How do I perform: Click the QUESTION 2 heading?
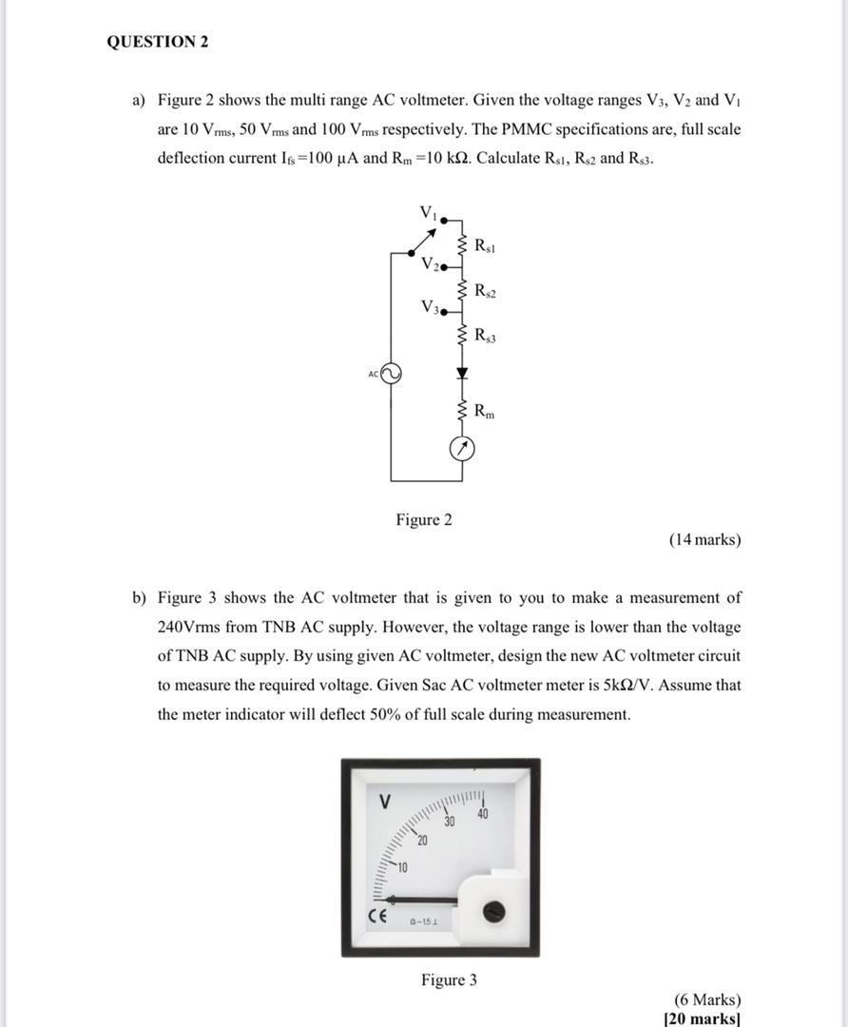pyautogui.click(x=158, y=42)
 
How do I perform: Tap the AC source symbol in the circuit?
pyautogui.click(x=390, y=374)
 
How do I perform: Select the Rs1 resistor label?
pyautogui.click(x=484, y=246)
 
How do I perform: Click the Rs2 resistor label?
pyautogui.click(x=484, y=290)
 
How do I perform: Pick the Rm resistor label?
pyautogui.click(x=484, y=412)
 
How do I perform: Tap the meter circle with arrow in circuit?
pyautogui.click(x=462, y=449)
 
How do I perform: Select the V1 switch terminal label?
pyautogui.click(x=427, y=211)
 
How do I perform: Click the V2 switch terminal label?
pyautogui.click(x=429, y=263)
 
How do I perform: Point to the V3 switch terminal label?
pyautogui.click(x=429, y=307)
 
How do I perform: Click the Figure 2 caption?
pyautogui.click(x=424, y=519)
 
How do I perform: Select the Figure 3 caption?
pyautogui.click(x=450, y=979)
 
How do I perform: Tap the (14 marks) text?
pyautogui.click(x=704, y=540)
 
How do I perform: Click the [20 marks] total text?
pyautogui.click(x=703, y=1017)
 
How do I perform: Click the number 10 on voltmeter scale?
pyautogui.click(x=402, y=867)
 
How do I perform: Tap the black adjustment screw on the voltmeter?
pyautogui.click(x=492, y=912)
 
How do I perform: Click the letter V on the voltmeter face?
pyautogui.click(x=385, y=802)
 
